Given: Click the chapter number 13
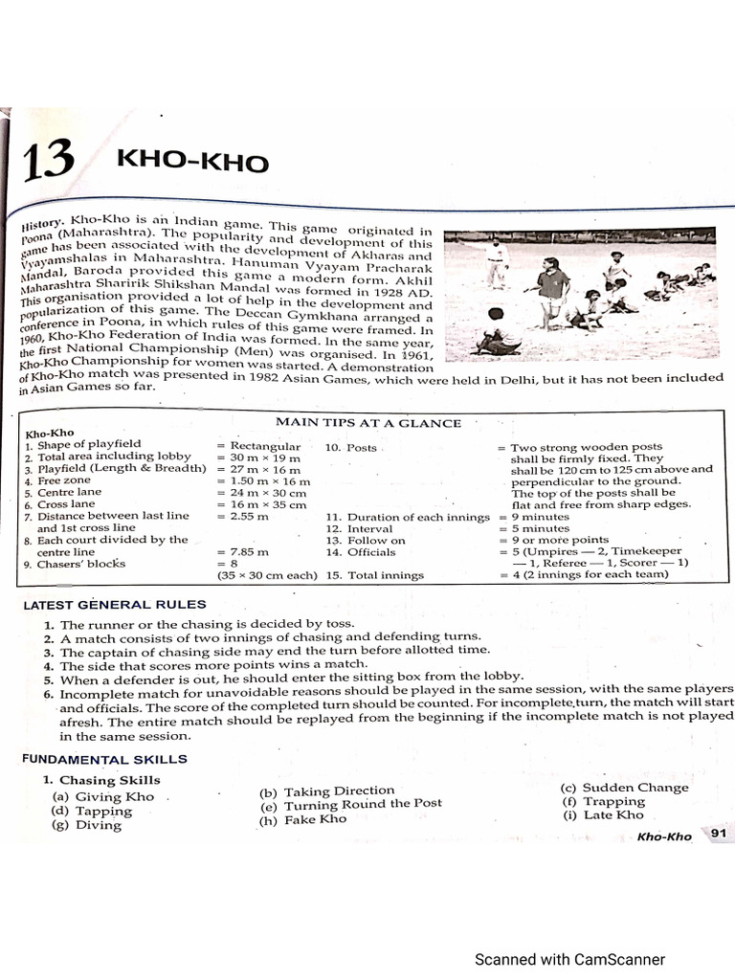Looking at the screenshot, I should tap(47, 161).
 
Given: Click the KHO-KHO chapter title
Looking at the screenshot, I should tap(192, 160).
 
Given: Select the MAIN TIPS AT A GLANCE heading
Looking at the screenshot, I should tap(367, 423).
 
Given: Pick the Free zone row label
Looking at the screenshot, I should tap(63, 480).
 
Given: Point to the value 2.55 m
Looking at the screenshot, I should tap(243, 516).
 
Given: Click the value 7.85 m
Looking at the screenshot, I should tap(243, 552).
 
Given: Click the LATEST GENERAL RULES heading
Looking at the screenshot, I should tap(114, 605).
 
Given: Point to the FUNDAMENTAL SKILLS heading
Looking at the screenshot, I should tap(104, 759).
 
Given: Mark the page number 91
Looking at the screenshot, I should tap(719, 835).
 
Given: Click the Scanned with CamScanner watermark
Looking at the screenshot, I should tap(569, 960).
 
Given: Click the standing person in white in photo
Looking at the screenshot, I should tap(496, 263).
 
